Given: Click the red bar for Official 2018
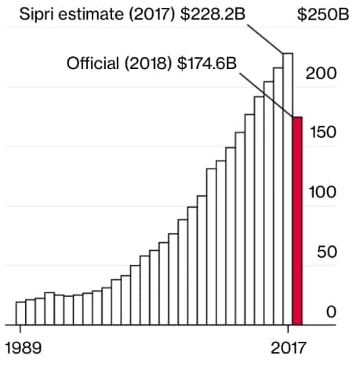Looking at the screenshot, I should click(297, 220).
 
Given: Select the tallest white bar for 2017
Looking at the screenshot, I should click(288, 188).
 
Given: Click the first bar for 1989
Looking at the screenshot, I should click(20, 313).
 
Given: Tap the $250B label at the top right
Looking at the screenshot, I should click(322, 16).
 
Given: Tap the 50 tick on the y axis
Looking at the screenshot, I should click(329, 252).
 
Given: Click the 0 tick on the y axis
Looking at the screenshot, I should click(332, 312).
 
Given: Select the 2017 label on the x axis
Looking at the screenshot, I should click(289, 346).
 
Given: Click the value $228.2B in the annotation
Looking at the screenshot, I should click(211, 16).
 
